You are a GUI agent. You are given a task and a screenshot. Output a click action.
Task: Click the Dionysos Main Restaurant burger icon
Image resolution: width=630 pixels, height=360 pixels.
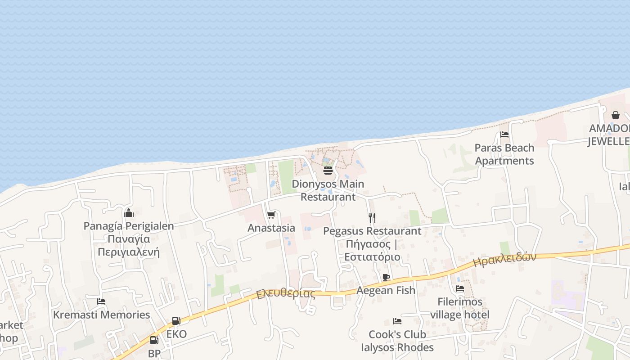click(328, 171)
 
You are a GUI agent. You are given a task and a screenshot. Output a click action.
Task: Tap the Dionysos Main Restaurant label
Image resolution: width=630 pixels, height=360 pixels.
click(328, 190)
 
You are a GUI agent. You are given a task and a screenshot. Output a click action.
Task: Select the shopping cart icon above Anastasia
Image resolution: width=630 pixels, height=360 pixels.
click(271, 215)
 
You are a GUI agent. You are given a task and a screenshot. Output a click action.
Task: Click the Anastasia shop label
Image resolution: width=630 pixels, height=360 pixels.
click(271, 228)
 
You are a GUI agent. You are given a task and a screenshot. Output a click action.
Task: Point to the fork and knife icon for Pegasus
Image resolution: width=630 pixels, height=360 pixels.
click(372, 218)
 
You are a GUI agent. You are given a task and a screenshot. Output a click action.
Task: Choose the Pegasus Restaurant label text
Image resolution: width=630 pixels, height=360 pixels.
click(373, 231)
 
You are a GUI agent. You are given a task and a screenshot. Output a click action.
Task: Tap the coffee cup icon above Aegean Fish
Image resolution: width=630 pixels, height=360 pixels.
click(386, 277)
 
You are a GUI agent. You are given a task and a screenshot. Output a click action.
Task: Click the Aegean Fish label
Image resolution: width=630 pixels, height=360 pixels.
click(386, 290)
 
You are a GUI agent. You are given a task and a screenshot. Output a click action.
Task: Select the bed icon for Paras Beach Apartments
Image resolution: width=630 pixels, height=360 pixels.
click(504, 135)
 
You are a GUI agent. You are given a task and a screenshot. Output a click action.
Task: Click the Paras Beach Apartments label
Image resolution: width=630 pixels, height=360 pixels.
click(504, 154)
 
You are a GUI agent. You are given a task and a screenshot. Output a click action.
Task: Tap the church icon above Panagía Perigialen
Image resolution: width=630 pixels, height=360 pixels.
click(129, 212)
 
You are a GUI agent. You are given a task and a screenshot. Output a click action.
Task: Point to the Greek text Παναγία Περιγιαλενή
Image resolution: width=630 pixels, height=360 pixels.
click(129, 245)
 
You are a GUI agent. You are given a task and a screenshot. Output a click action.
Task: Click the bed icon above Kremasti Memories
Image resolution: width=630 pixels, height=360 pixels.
click(101, 301)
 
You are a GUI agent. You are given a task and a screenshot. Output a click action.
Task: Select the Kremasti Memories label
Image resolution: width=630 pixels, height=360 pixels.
click(101, 315)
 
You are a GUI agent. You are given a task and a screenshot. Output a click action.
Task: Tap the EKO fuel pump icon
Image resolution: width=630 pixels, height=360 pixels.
click(176, 321)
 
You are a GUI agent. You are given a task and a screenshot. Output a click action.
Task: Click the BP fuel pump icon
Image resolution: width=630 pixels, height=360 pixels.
click(154, 340)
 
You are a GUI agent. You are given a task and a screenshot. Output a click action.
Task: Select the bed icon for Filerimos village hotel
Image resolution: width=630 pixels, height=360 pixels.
click(460, 288)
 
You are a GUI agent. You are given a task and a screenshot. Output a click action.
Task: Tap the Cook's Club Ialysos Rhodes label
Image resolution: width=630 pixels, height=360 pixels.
click(397, 341)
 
